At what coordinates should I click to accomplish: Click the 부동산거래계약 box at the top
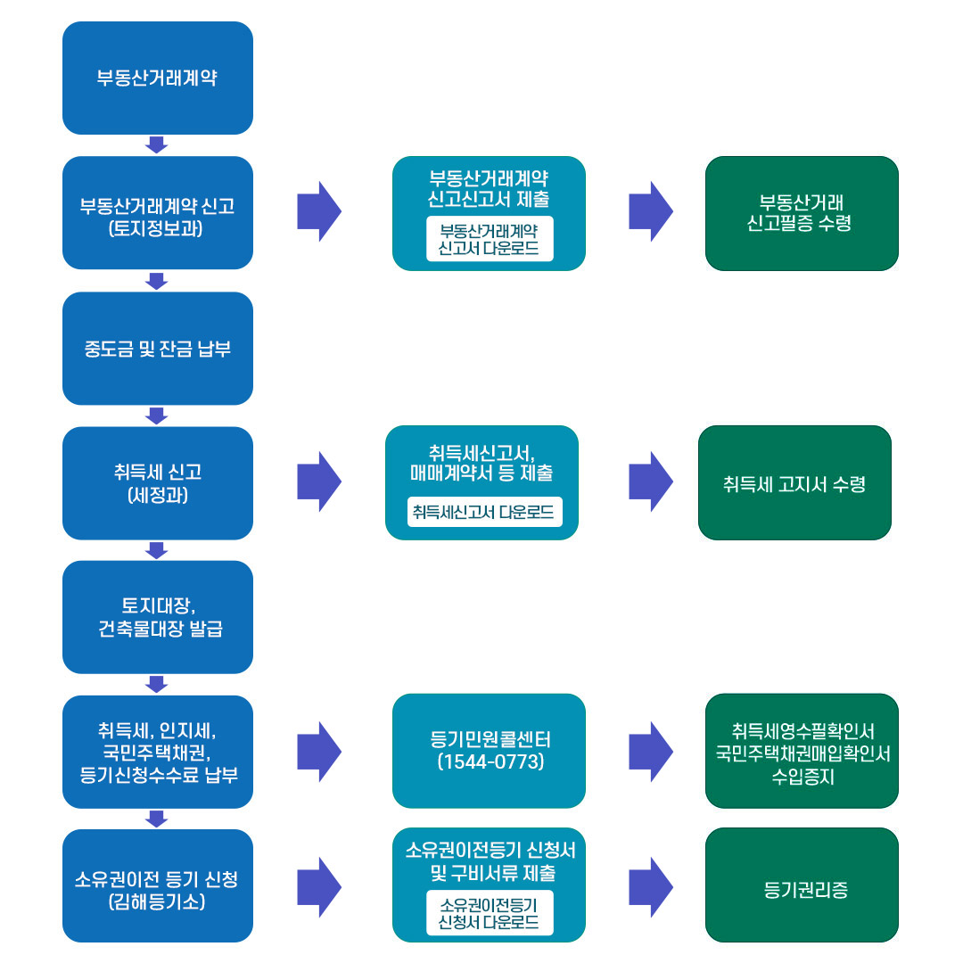point(157,78)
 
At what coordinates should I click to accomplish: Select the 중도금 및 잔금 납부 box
point(157,348)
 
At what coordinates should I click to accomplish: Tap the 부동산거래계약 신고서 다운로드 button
point(490,239)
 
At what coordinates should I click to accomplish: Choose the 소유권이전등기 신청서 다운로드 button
point(490,913)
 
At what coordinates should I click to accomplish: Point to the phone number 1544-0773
point(490,762)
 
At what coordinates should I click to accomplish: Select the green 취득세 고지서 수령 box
point(794,483)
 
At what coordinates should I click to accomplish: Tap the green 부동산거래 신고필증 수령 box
point(802,213)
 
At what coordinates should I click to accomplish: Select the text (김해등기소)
point(157,901)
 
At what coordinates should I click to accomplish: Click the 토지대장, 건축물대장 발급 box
point(157,617)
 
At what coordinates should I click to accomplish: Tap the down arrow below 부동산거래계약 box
point(157,144)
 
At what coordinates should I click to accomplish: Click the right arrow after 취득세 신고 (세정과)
point(319,481)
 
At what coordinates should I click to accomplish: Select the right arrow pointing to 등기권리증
point(651,887)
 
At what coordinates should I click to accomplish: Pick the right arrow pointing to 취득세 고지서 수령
point(651,481)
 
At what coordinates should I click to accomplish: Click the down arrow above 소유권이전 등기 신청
point(157,819)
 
